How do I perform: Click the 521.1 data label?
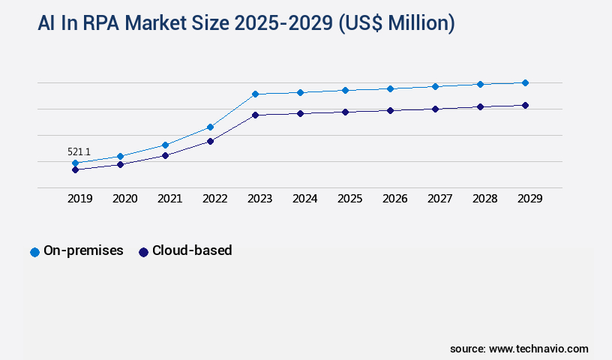79,151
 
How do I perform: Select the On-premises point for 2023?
255,94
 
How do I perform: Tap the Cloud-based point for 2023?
255,115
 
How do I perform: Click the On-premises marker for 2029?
525,82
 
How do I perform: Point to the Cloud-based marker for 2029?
525,105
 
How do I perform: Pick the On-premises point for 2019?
75,163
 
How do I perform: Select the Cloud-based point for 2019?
75,169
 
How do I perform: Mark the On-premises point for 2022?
210,127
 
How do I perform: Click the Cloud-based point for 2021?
165,155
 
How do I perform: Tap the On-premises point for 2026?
390,88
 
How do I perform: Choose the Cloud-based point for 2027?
435,109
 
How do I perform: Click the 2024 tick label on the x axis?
304,199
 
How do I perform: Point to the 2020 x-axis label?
124,199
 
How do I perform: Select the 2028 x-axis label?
484,199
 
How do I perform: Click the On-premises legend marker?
34,252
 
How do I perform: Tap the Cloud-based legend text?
192,250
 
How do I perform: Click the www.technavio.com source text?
538,349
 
